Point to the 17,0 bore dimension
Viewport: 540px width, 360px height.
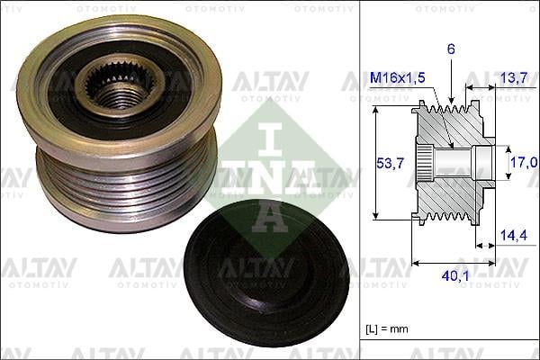click(x=525, y=162)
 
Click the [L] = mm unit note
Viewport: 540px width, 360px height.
click(x=388, y=329)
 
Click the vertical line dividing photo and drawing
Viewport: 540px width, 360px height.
click(x=361, y=180)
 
